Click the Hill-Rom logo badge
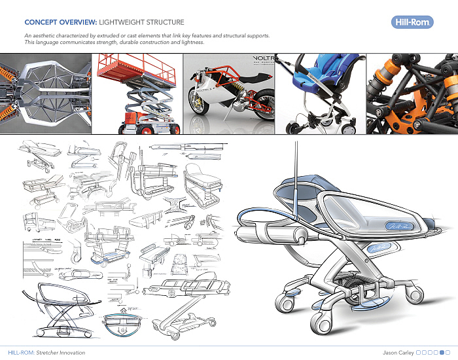[410, 23]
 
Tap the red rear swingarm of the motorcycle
[254, 105]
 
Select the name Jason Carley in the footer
[398, 352]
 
